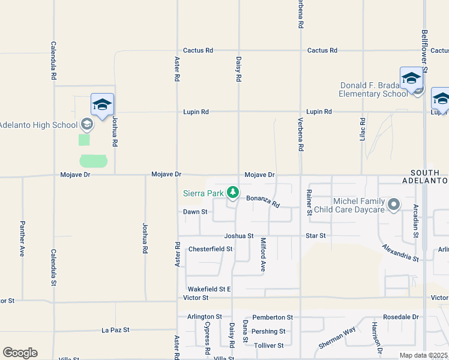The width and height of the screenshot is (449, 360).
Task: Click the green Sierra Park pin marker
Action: tap(233, 193)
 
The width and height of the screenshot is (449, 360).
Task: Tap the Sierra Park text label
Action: tap(203, 193)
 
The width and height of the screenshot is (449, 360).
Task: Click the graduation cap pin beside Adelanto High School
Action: tap(102, 105)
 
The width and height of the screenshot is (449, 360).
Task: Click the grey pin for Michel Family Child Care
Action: tap(394, 205)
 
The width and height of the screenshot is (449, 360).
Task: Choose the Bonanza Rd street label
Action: tap(263, 201)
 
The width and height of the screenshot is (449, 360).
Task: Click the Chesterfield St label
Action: tap(210, 248)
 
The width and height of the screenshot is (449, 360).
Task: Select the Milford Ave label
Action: tap(262, 255)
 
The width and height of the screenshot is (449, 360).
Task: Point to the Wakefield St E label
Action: tap(208, 289)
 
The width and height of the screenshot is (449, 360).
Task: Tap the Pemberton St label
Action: tap(272, 317)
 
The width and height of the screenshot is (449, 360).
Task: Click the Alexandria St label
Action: tap(400, 253)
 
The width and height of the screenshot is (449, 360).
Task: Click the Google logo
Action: tap(20, 353)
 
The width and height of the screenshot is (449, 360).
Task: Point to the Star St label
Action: tap(315, 236)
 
